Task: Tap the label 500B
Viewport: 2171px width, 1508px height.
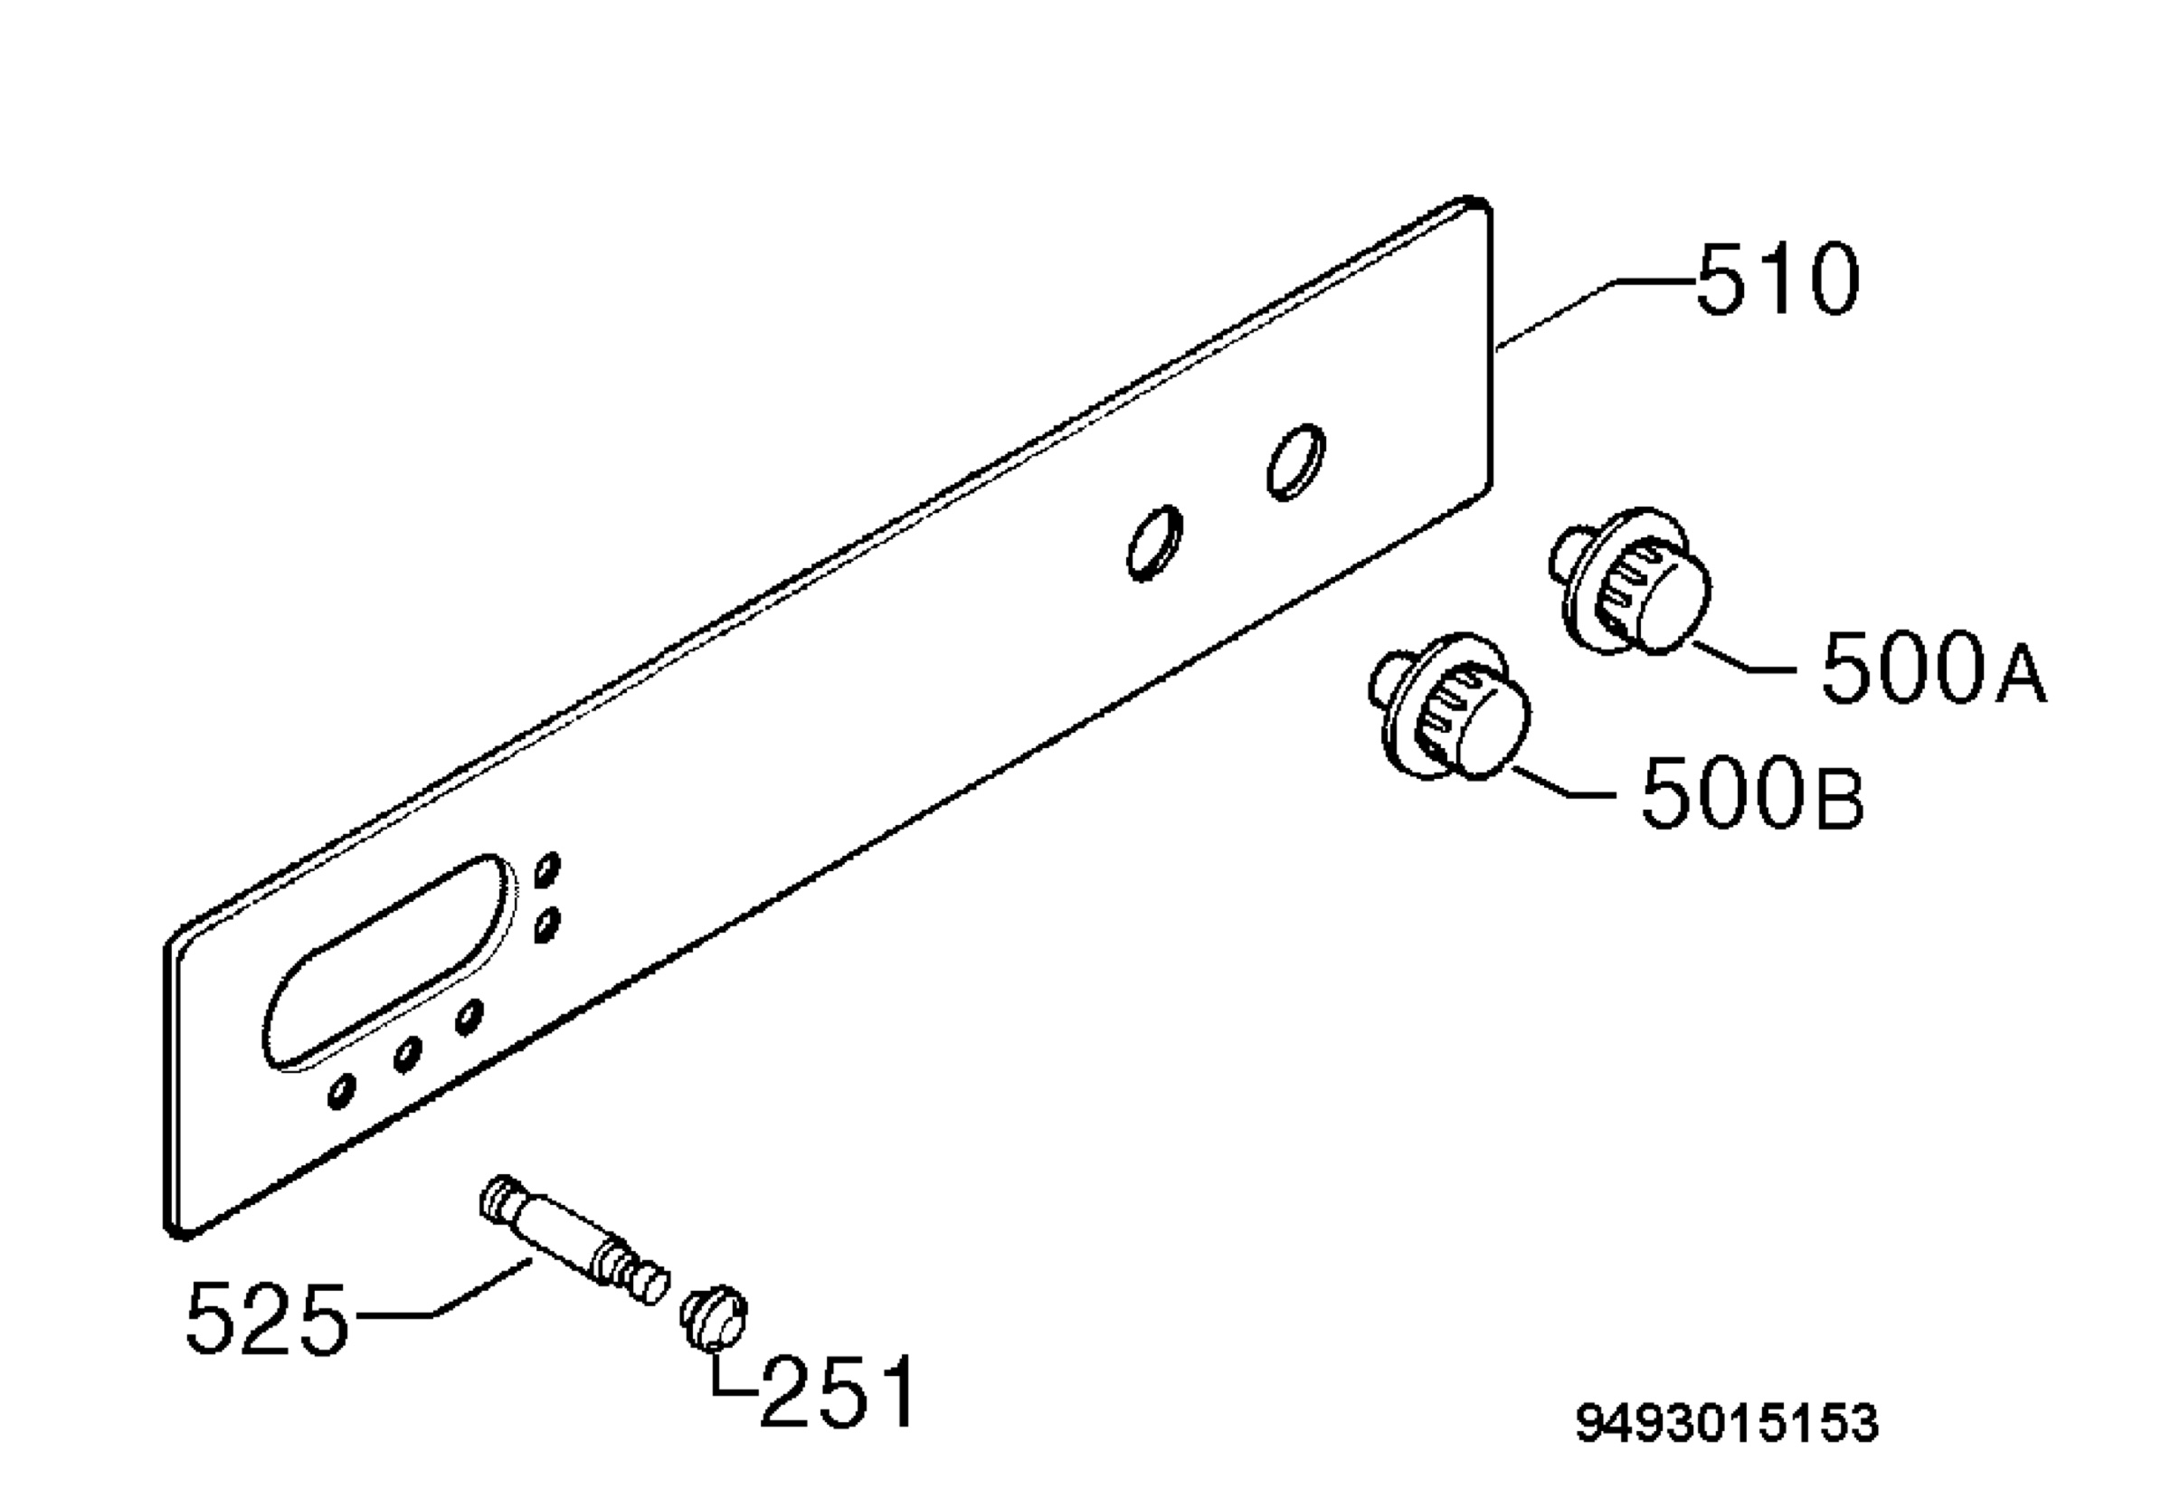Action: (x=1752, y=792)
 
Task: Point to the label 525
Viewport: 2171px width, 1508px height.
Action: (x=268, y=1319)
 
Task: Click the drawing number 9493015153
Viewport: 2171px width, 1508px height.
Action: (x=1727, y=1423)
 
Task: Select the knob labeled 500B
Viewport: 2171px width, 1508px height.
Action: (x=1449, y=707)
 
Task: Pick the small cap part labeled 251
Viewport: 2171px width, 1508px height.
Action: (x=715, y=1318)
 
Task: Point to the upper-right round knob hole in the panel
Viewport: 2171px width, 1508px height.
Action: (x=1295, y=462)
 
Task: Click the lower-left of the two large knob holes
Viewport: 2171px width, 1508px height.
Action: (x=1154, y=544)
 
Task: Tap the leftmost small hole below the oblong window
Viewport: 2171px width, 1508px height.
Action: (x=341, y=1091)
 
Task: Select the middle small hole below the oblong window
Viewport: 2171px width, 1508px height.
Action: (x=407, y=1055)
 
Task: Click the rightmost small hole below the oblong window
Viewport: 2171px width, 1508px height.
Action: (x=469, y=1017)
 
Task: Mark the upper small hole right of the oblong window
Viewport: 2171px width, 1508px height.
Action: (x=547, y=869)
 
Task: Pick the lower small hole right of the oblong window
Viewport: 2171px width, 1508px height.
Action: (x=547, y=925)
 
